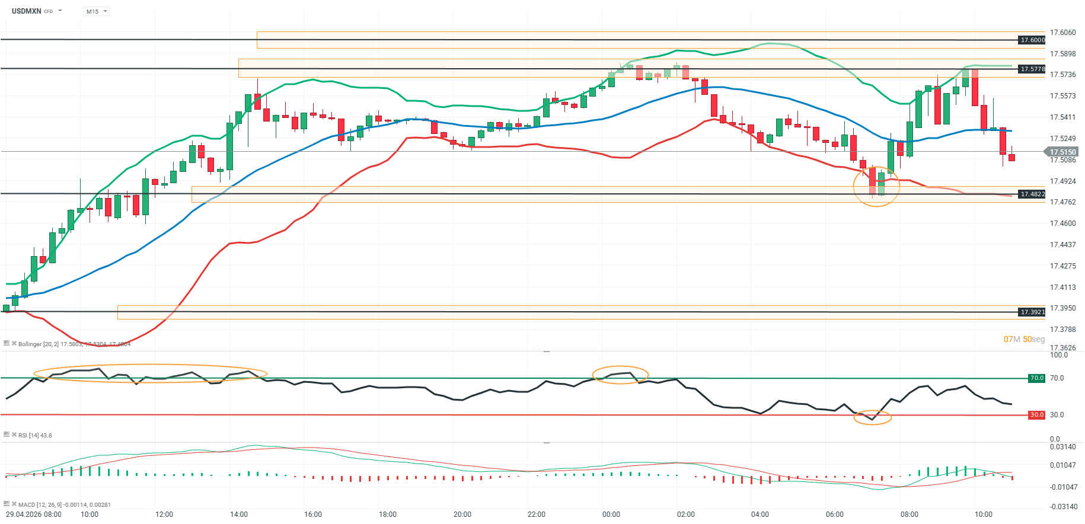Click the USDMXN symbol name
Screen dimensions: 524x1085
[27, 11]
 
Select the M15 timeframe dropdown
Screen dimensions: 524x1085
[96, 11]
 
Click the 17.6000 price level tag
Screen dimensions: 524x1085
[1032, 40]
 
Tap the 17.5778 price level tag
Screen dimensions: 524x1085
[1032, 69]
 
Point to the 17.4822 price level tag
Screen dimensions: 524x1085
[1032, 194]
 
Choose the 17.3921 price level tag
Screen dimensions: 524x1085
[1032, 312]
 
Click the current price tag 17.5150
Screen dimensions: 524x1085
[1062, 152]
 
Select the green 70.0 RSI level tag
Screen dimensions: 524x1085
[1036, 378]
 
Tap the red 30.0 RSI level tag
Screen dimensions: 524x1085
[1036, 415]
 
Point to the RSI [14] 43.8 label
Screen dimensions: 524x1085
[35, 436]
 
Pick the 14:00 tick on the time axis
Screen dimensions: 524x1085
[239, 515]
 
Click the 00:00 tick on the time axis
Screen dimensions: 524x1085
[611, 515]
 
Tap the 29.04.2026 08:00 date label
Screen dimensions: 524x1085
[34, 515]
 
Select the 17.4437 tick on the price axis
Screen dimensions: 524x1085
[1062, 245]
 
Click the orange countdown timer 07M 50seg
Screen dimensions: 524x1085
[1024, 340]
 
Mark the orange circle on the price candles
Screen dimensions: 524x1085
[876, 186]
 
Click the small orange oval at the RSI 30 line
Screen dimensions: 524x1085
[872, 417]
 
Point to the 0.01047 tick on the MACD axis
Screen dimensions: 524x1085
[1062, 465]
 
